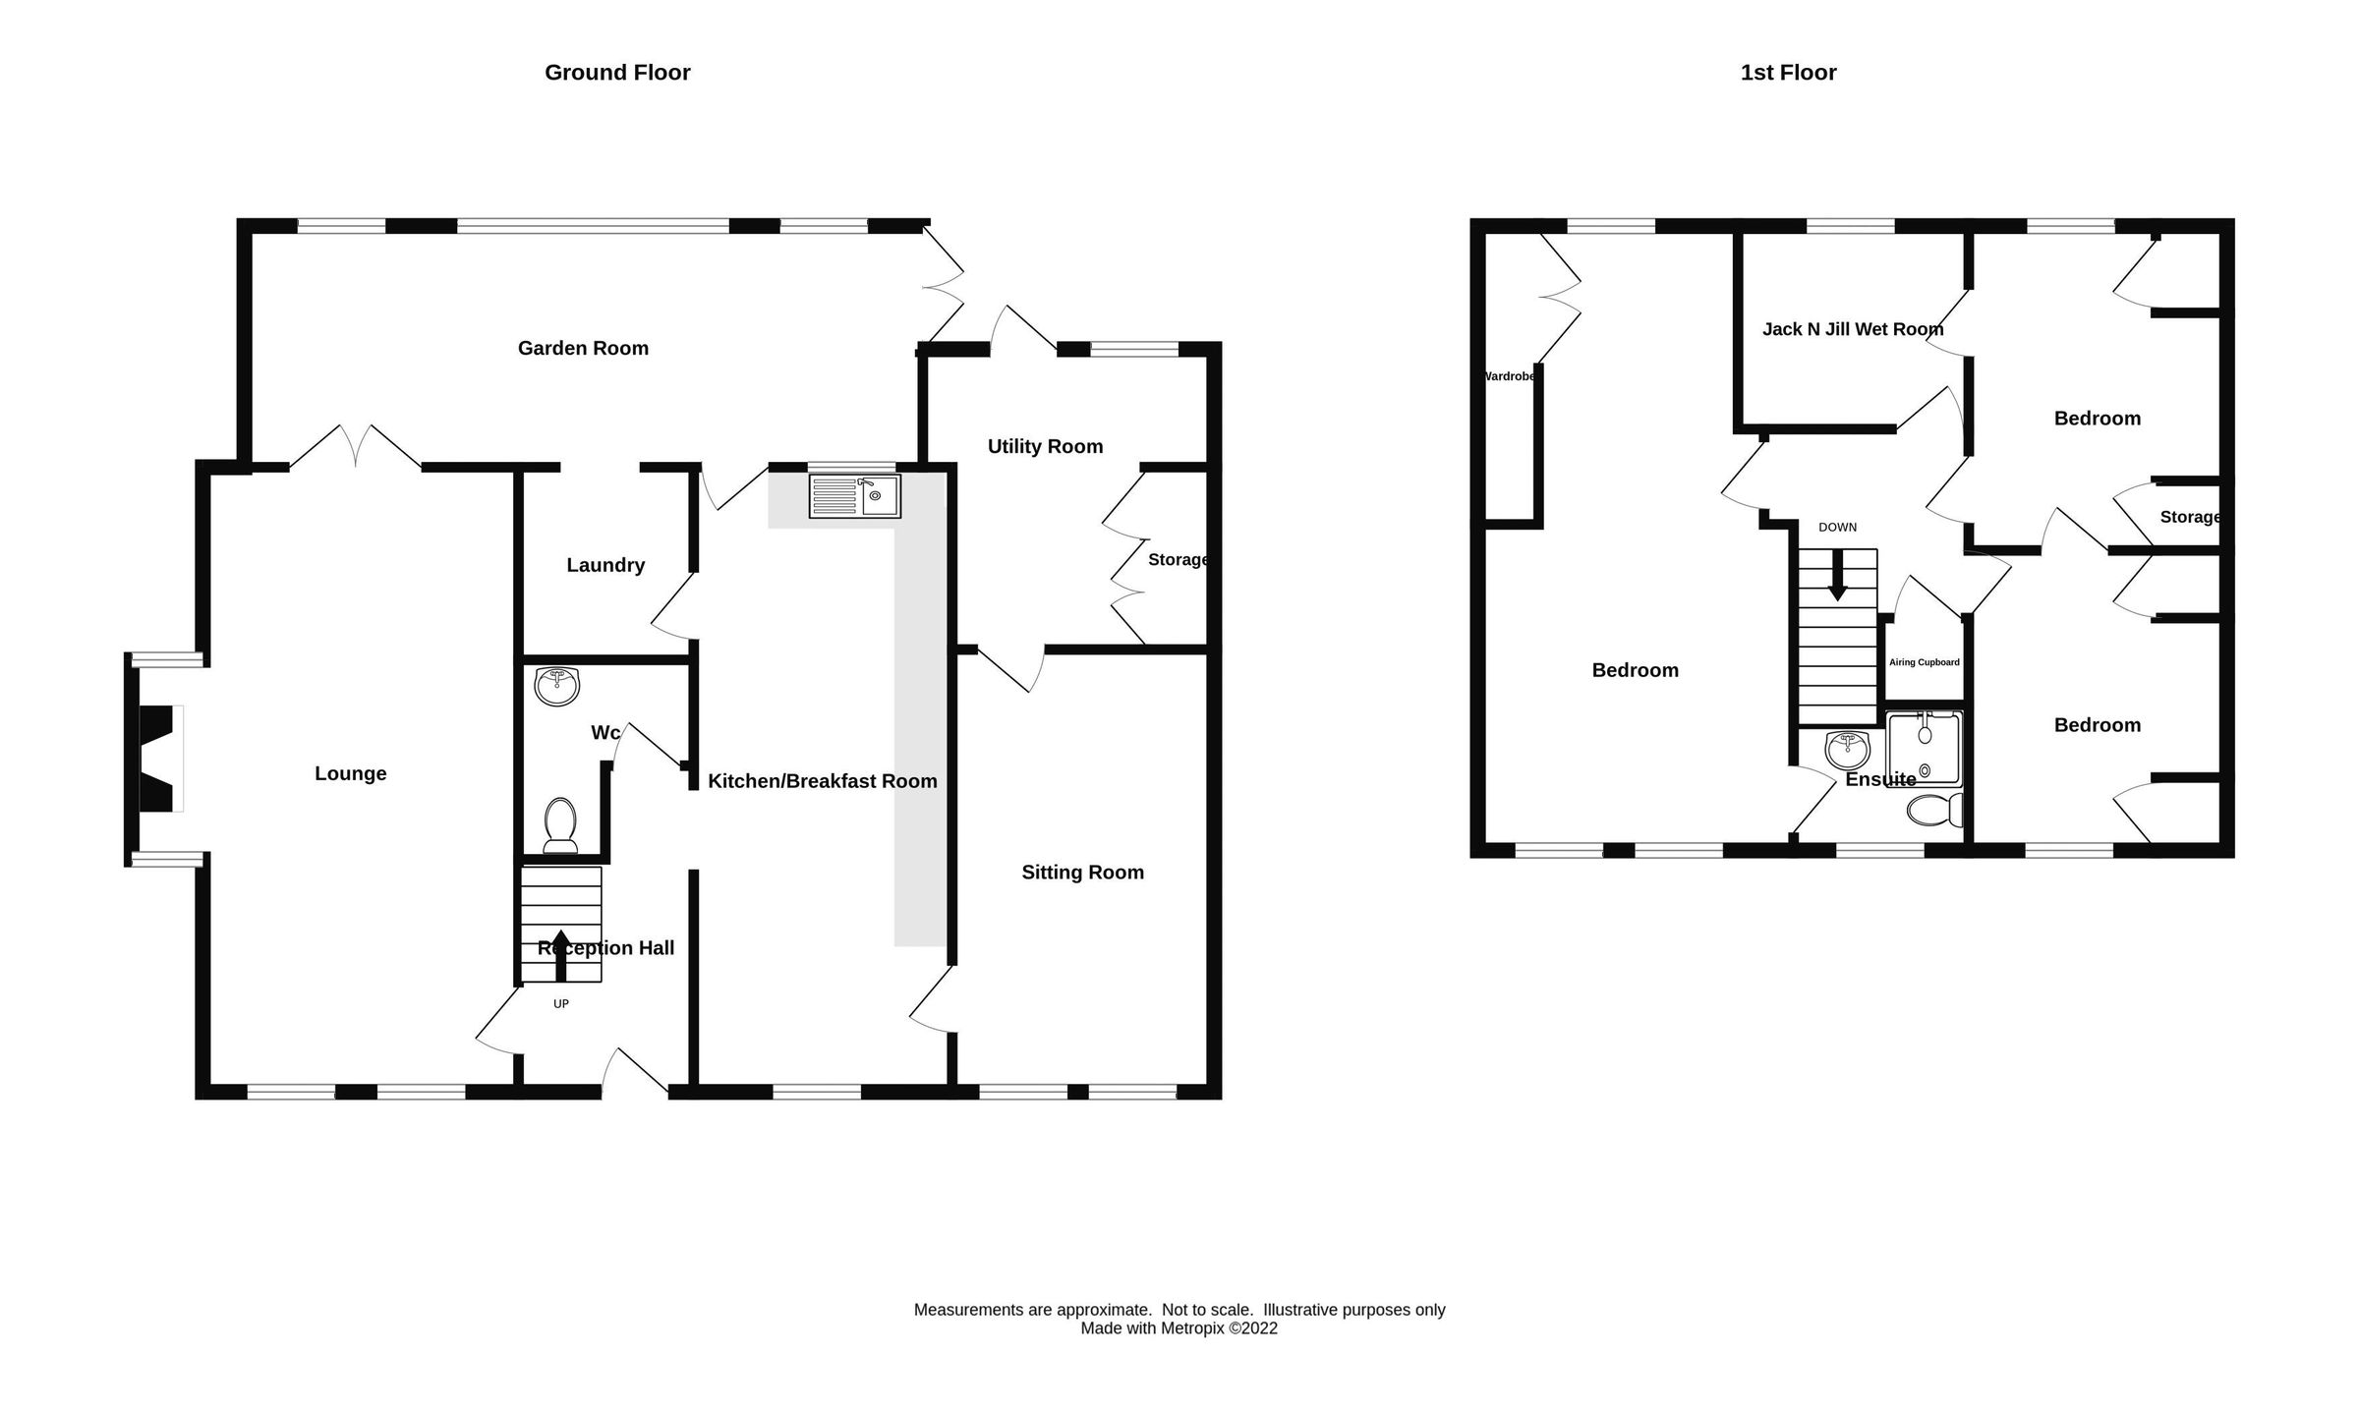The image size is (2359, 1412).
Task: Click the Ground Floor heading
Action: coord(617,73)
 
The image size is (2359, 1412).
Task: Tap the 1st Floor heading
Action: coord(1788,73)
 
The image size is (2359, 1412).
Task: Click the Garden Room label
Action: coord(583,348)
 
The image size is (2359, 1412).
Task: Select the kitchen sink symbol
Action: coord(854,496)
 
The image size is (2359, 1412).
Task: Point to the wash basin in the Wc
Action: coord(557,685)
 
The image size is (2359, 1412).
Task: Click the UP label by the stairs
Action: coord(561,1004)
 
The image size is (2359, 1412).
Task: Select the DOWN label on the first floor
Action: coord(1837,528)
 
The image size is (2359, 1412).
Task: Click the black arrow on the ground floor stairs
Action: coord(561,954)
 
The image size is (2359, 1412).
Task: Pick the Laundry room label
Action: coord(605,565)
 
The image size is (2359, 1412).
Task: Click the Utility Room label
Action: coord(1045,446)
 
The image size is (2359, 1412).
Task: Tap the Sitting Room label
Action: coord(1082,873)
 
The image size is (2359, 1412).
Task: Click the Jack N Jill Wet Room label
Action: coord(1853,329)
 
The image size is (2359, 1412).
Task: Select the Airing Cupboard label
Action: coord(1924,662)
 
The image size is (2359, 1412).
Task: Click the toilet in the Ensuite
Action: coord(1933,811)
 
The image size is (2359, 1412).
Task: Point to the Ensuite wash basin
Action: coord(1847,751)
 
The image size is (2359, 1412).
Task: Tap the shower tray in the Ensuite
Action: coord(1924,749)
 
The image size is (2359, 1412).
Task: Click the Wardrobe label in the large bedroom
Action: coord(1509,376)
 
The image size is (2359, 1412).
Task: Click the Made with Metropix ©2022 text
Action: coord(1179,1328)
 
